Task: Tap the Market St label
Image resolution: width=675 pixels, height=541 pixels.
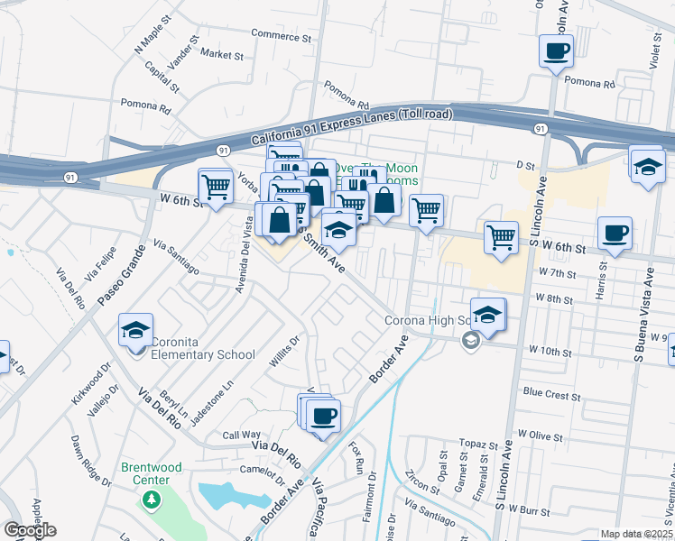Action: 222,55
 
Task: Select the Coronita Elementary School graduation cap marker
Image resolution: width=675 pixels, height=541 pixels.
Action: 135,330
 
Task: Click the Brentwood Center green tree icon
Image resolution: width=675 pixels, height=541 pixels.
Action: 152,498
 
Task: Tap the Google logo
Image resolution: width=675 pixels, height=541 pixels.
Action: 30,530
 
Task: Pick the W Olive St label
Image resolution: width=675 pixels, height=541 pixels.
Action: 540,436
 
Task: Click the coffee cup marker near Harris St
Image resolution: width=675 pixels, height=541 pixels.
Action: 615,234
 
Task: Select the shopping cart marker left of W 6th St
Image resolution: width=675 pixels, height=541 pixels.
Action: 216,187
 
